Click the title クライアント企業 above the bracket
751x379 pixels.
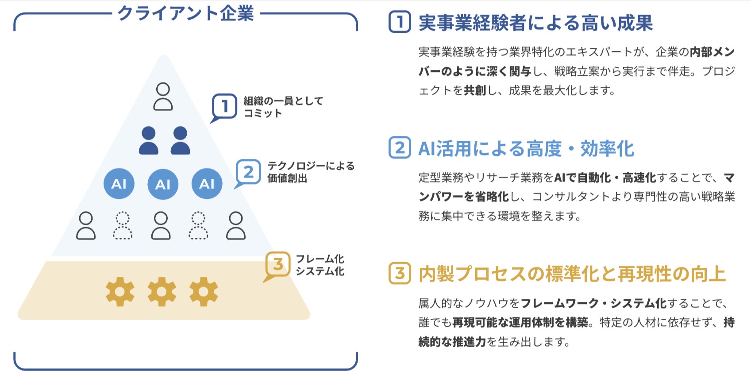[x=185, y=13]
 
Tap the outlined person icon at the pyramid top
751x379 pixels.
[x=163, y=96]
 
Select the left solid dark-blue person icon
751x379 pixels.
[x=148, y=140]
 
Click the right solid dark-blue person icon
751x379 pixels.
[x=180, y=140]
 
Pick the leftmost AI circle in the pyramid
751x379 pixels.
[x=119, y=184]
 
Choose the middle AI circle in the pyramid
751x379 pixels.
[x=163, y=184]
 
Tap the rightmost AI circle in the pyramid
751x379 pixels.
[x=207, y=184]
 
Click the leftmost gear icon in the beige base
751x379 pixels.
[x=120, y=291]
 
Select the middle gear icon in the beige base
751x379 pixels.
[x=162, y=291]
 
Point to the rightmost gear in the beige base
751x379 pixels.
[x=204, y=291]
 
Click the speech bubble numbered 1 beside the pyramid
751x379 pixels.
[x=224, y=106]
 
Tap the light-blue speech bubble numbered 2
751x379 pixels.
[x=248, y=172]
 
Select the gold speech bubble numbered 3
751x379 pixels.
[x=277, y=264]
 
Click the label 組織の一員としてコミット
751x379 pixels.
[x=283, y=107]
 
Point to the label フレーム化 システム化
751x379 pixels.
[x=320, y=265]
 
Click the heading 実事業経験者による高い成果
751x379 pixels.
[x=535, y=23]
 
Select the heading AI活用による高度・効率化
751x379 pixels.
[x=526, y=149]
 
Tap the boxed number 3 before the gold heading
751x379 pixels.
[x=400, y=273]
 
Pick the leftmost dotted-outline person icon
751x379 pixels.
[x=123, y=225]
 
